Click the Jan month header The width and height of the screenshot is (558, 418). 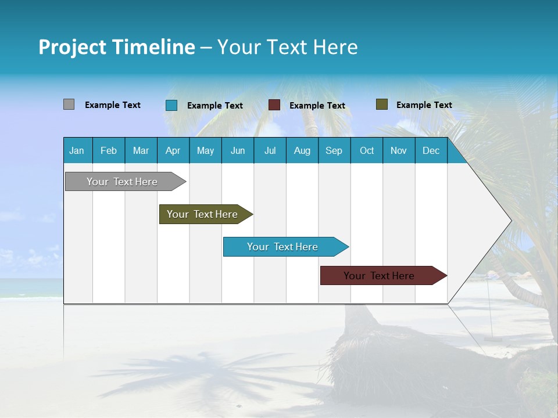(x=77, y=151)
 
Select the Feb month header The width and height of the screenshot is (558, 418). (x=109, y=151)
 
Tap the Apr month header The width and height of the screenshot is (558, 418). (x=173, y=151)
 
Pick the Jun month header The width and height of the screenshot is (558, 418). (x=238, y=151)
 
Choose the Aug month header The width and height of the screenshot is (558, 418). (x=302, y=151)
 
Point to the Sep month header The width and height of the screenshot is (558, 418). (x=334, y=151)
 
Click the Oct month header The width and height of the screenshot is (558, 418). (x=367, y=151)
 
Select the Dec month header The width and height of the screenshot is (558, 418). (x=431, y=151)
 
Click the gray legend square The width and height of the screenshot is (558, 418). (x=69, y=105)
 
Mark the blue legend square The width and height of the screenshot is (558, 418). (x=171, y=105)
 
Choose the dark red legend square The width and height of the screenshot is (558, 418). (x=274, y=105)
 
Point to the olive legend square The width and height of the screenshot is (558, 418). (x=382, y=105)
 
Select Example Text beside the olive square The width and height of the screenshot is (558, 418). (x=424, y=105)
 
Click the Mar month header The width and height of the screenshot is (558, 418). (x=141, y=151)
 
